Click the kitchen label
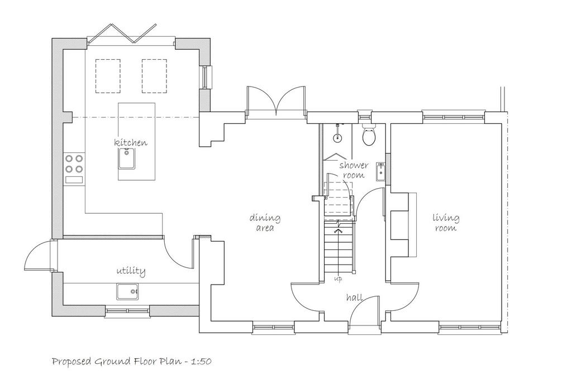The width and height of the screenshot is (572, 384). pyautogui.click(x=131, y=142)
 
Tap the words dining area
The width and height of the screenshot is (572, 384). pyautogui.click(x=265, y=223)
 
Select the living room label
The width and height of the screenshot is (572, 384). pyautogui.click(x=446, y=223)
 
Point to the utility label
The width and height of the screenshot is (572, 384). pyautogui.click(x=131, y=271)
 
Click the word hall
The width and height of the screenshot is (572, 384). pyautogui.click(x=355, y=297)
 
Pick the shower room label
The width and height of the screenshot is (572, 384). pyautogui.click(x=354, y=170)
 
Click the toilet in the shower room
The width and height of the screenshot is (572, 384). pyautogui.click(x=369, y=135)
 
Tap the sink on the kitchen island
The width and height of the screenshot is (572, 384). pyautogui.click(x=127, y=159)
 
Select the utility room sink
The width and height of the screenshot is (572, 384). pyautogui.click(x=127, y=291)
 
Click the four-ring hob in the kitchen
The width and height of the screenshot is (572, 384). pyautogui.click(x=74, y=164)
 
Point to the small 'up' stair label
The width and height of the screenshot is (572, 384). pyautogui.click(x=338, y=280)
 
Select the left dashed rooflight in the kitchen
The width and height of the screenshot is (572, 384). pyautogui.click(x=108, y=76)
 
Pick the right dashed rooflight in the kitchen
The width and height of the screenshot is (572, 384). pyautogui.click(x=154, y=76)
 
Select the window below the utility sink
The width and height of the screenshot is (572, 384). pyautogui.click(x=128, y=311)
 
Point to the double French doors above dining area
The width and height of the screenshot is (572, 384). pyautogui.click(x=276, y=100)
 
